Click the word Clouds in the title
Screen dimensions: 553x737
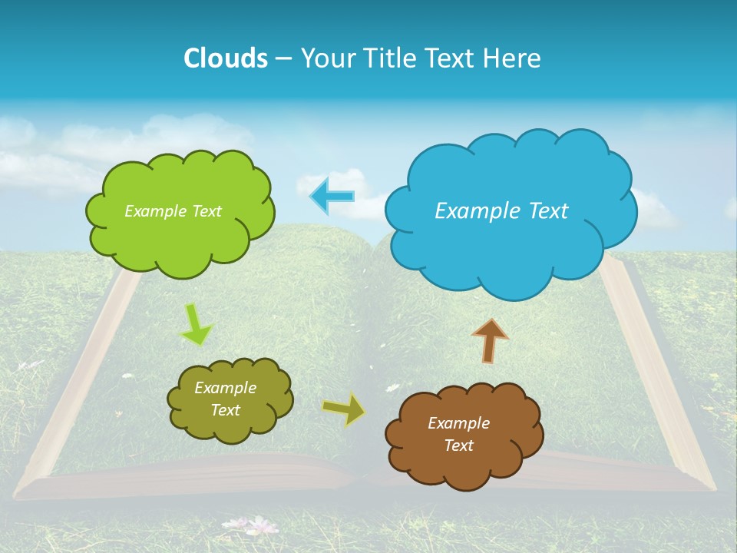[x=226, y=58]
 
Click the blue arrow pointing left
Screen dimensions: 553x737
[x=332, y=196]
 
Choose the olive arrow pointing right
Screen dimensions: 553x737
[x=343, y=409]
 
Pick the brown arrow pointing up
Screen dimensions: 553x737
[x=490, y=340]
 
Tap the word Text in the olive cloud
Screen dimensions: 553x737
[x=225, y=410]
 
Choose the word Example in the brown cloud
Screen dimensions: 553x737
[x=458, y=423]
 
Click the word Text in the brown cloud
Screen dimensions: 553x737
[x=458, y=445]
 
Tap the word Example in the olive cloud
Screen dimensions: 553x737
[x=225, y=388]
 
